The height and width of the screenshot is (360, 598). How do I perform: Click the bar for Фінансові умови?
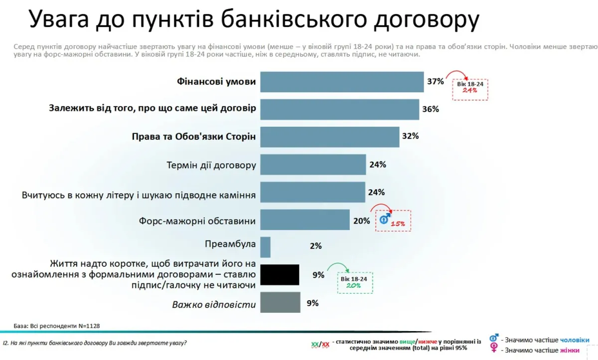tap(342, 82)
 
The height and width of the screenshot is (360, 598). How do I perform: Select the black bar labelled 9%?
tap(280, 275)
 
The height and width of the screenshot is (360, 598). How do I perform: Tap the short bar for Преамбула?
tap(265, 247)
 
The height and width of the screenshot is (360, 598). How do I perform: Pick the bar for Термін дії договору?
tap(313, 164)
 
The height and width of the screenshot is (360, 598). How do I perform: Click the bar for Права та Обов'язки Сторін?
tap(329, 137)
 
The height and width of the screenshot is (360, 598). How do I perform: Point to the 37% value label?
tap(435, 81)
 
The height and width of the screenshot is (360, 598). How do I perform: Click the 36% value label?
tap(430, 109)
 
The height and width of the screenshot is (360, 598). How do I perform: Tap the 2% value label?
tap(315, 246)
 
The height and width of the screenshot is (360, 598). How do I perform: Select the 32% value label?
tap(410, 136)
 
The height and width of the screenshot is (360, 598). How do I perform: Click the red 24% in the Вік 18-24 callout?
tap(470, 91)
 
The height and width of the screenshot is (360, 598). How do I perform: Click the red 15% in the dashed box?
tap(398, 224)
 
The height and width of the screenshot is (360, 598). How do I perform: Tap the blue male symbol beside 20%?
tap(385, 219)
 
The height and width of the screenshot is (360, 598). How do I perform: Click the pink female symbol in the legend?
tap(494, 348)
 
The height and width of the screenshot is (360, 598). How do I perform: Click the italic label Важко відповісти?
tap(214, 304)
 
